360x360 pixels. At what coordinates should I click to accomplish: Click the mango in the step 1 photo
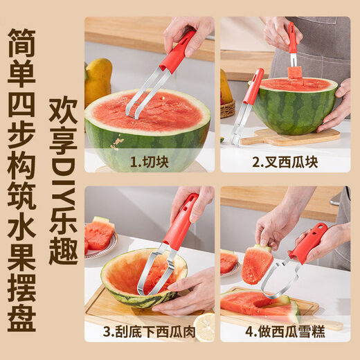point(96,82)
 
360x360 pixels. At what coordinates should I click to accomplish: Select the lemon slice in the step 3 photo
point(204,326)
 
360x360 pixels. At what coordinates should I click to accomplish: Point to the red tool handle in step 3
point(181,222)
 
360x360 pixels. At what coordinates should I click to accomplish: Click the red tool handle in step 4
point(308,242)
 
